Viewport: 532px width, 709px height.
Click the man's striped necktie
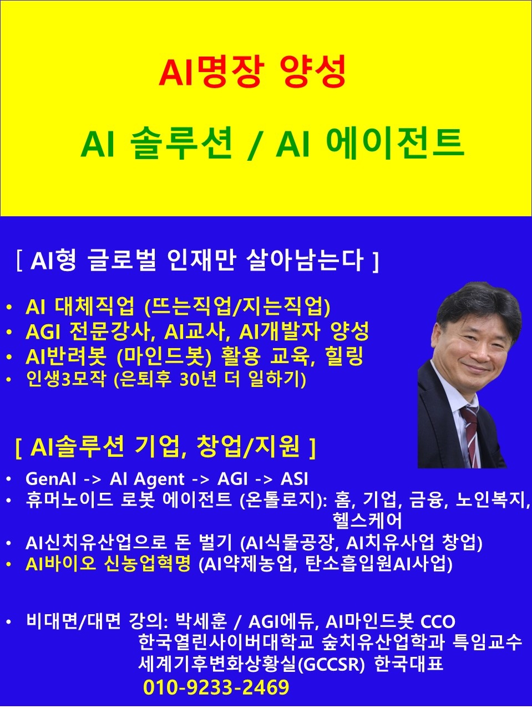point(470,435)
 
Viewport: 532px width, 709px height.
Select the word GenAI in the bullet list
point(50,479)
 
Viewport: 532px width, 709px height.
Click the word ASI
point(295,479)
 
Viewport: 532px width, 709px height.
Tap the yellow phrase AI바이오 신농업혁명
point(108,563)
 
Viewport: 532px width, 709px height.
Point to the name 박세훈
point(201,621)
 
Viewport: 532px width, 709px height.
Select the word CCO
point(438,621)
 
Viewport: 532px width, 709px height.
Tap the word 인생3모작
point(65,379)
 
